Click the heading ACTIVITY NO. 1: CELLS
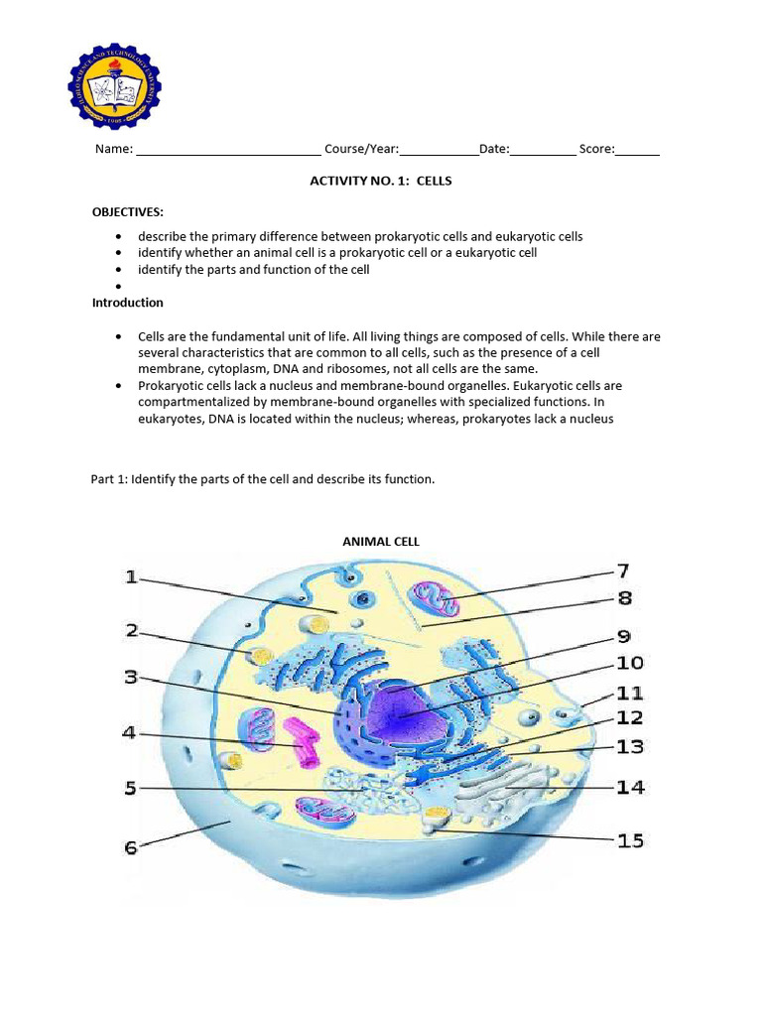tap(381, 182)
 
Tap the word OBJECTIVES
tap(128, 212)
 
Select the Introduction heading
tap(128, 303)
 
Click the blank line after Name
tap(227, 150)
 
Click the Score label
tap(596, 150)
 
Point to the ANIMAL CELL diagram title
tap(381, 542)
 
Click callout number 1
tap(132, 577)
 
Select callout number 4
tap(129, 733)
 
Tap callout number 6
tap(131, 848)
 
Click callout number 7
tap(623, 571)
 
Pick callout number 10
tap(630, 663)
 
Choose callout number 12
tap(630, 717)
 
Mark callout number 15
tap(630, 840)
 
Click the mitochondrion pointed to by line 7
tap(437, 599)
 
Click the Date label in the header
tap(493, 150)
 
